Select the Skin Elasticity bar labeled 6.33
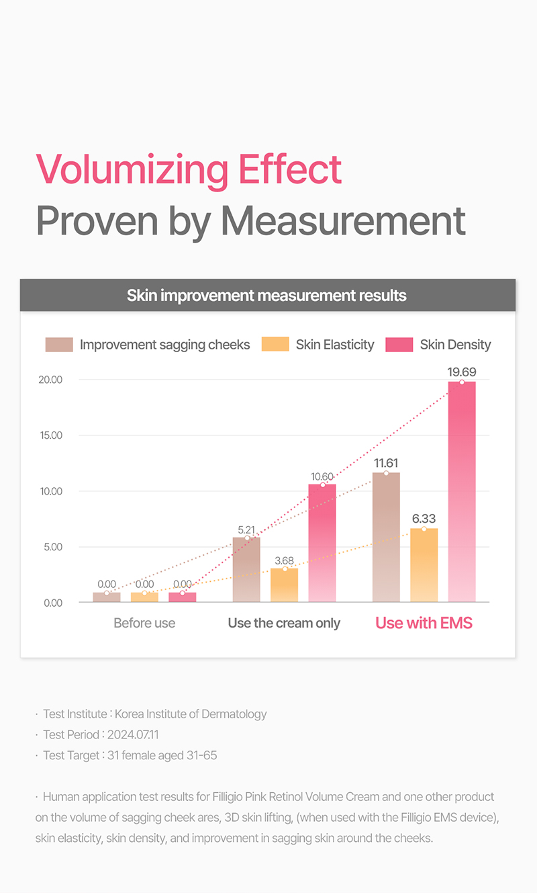[x=424, y=565]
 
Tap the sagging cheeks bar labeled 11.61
[x=386, y=537]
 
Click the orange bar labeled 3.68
[x=284, y=585]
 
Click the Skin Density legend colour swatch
[x=399, y=345]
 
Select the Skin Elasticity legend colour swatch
[x=275, y=345]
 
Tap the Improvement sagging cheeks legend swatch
[x=59, y=345]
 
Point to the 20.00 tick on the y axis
[x=52, y=380]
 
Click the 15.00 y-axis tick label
[x=52, y=435]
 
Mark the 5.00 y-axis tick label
[x=53, y=547]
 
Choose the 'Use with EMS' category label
[x=424, y=623]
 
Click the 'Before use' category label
[x=144, y=623]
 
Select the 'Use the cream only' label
[x=284, y=623]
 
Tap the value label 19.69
[x=462, y=372]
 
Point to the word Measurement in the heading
[x=343, y=220]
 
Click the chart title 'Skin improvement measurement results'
[x=267, y=296]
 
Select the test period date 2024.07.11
[x=133, y=734]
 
